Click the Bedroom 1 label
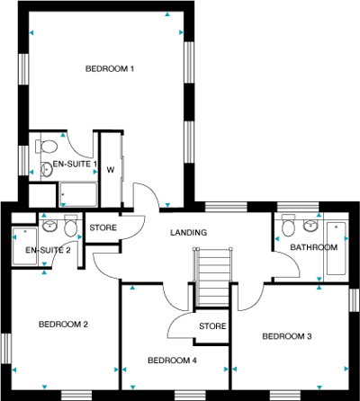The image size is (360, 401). click(x=110, y=69)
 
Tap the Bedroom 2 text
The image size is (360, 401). click(x=63, y=325)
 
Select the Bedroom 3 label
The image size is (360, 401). click(x=287, y=336)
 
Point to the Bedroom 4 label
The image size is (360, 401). click(x=172, y=361)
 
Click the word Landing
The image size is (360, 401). click(x=189, y=233)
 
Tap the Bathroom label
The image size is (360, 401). click(x=314, y=247)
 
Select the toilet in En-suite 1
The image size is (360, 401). click(x=47, y=147)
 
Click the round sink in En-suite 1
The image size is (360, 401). click(x=46, y=170)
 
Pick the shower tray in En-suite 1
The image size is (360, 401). click(x=78, y=194)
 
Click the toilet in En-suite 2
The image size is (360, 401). click(x=71, y=226)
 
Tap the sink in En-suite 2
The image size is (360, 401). click(x=49, y=226)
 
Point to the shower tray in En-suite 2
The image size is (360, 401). click(x=25, y=246)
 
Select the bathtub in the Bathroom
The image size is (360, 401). click(x=336, y=248)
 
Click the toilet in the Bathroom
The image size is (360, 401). click(x=288, y=225)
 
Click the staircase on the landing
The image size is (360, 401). click(x=212, y=277)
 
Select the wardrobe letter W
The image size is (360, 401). click(x=111, y=170)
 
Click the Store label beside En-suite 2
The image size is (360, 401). click(x=103, y=227)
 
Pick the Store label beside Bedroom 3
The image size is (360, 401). click(x=212, y=326)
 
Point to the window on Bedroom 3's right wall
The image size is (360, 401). click(x=354, y=300)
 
